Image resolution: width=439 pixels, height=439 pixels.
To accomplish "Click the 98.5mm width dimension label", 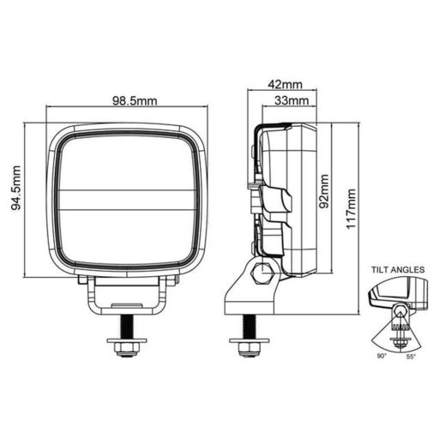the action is click(135, 101).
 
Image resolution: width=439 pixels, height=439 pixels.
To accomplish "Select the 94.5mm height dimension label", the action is click(16, 188).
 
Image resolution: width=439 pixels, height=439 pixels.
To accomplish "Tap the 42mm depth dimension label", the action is click(285, 84).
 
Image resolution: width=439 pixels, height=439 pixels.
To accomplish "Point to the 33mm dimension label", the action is click(292, 100).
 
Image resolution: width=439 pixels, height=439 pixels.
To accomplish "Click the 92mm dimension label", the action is click(324, 191).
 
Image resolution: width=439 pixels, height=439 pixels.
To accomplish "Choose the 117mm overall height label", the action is click(351, 209).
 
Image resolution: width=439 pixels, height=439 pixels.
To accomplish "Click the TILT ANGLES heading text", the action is click(398, 269).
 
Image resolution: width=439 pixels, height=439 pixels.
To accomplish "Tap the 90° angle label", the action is click(382, 356).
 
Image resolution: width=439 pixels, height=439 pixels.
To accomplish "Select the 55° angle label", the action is click(411, 356).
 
